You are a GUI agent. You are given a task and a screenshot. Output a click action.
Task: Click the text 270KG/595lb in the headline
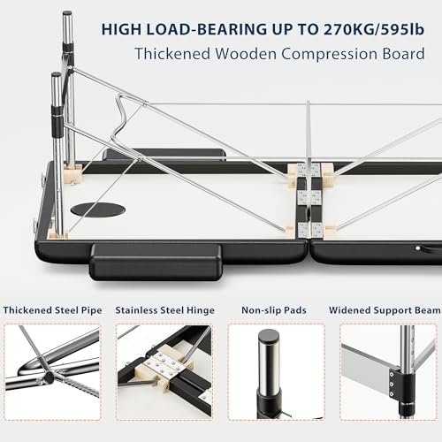(x=373, y=29)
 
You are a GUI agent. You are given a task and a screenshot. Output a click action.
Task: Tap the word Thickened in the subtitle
(x=172, y=54)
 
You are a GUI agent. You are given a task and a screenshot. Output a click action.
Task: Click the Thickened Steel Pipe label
(x=52, y=310)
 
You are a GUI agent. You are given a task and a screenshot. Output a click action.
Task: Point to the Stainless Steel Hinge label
(x=164, y=310)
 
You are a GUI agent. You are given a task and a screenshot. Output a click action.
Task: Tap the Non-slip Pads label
(x=274, y=310)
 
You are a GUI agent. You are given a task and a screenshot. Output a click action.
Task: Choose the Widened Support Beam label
(x=385, y=310)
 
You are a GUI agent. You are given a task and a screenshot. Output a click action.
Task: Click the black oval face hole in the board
(x=98, y=210)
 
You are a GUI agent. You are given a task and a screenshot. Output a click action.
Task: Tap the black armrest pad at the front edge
(x=156, y=262)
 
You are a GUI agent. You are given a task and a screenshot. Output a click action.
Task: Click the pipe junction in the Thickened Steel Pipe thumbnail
(x=48, y=376)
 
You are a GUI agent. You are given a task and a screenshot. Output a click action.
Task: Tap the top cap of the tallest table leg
(x=67, y=14)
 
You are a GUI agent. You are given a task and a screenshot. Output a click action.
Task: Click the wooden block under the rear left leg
(x=72, y=173)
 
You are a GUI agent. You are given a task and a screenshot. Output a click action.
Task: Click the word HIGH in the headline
(x=121, y=29)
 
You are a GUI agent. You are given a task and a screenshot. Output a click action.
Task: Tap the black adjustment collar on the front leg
(x=57, y=122)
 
